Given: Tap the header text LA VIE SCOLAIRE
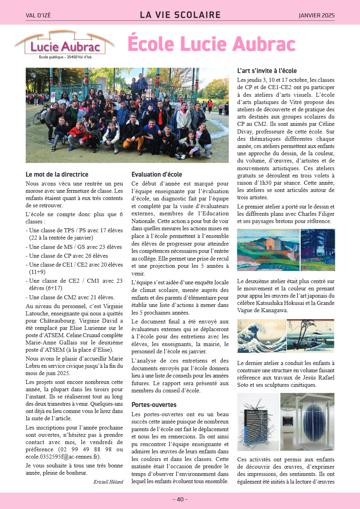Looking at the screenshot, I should (180, 15).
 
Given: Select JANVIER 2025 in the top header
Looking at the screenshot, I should (316, 16).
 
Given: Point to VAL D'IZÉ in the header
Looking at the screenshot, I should (38, 16).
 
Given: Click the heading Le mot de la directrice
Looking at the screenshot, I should (57, 175).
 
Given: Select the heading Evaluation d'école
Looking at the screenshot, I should (157, 175).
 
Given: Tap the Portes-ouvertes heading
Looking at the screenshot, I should (154, 405).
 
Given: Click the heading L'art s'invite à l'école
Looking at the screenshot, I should (267, 71).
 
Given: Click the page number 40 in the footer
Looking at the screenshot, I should (180, 499).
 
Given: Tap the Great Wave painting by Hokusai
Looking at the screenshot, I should (261, 336).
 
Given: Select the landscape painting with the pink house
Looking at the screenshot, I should (268, 250).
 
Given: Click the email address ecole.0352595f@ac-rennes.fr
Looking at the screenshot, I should (63, 457).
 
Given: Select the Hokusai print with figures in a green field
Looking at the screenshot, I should (310, 336).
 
